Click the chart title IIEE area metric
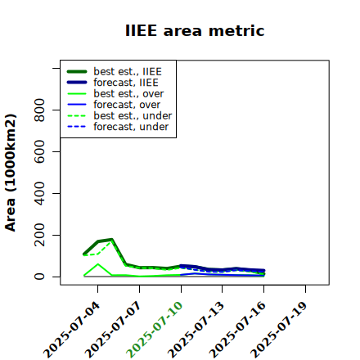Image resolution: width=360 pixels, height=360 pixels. pyautogui.click(x=195, y=30)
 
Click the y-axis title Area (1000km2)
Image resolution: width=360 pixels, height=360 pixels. pyautogui.click(x=11, y=173)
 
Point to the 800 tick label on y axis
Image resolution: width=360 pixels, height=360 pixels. pyautogui.click(x=39, y=110)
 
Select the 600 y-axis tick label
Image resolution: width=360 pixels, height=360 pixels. pyautogui.click(x=39, y=151)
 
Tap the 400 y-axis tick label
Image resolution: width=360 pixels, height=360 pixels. pyautogui.click(x=39, y=193)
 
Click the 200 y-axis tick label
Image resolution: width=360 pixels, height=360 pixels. pyautogui.click(x=39, y=235)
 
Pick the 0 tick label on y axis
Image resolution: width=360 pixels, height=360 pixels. pyautogui.click(x=39, y=277)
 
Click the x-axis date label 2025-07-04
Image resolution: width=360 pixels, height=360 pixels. pyautogui.click(x=72, y=330)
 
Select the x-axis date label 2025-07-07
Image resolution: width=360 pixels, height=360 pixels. pyautogui.click(x=114, y=330)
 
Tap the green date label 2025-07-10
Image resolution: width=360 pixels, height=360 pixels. pyautogui.click(x=155, y=330)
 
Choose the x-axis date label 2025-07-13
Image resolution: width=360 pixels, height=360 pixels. pyautogui.click(x=196, y=330)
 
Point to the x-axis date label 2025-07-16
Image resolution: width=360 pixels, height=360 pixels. pyautogui.click(x=238, y=330)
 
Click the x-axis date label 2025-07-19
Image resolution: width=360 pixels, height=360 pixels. pyautogui.click(x=280, y=330)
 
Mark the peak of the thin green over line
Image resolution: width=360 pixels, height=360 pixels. pyautogui.click(x=98, y=264)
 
